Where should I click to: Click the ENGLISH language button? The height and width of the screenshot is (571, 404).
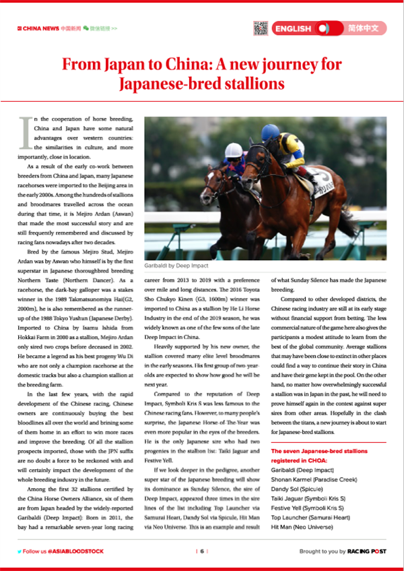pyautogui.click(x=293, y=28)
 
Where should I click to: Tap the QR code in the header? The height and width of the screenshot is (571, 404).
pyautogui.click(x=261, y=28)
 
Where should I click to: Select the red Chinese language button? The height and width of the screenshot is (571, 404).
pyautogui.click(x=367, y=28)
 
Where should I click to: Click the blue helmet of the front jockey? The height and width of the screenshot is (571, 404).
pyautogui.click(x=270, y=131)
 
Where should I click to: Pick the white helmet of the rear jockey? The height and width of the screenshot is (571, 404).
pyautogui.click(x=233, y=150)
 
